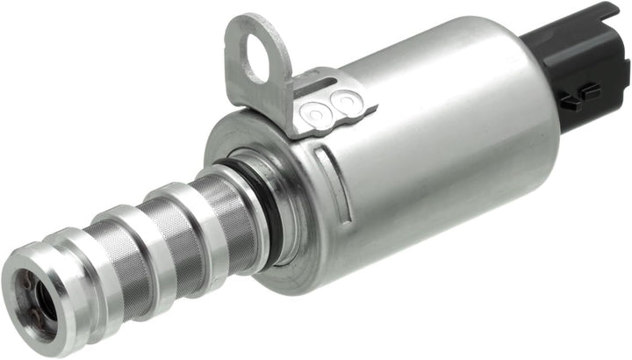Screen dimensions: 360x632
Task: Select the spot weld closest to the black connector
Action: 346,104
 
